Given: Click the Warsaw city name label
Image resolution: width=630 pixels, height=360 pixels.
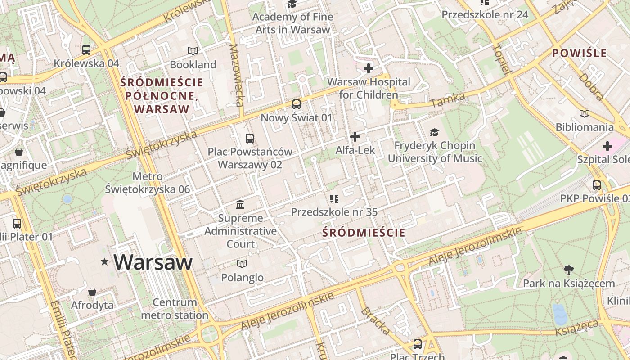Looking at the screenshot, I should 153,262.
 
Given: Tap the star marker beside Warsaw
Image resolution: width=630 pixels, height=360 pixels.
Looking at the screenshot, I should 105,261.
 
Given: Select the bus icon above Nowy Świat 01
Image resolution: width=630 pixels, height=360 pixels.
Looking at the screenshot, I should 296,104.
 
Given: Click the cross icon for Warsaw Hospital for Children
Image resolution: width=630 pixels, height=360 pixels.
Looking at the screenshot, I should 369,68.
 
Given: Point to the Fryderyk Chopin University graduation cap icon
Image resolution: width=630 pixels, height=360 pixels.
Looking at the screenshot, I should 434,132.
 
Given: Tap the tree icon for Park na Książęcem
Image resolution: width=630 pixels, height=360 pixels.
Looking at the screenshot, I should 568,270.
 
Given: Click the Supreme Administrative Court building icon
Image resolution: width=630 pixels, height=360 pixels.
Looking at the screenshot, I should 240,205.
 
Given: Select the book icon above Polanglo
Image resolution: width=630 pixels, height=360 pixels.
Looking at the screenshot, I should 242,264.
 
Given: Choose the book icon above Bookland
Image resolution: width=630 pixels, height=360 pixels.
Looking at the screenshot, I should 193,51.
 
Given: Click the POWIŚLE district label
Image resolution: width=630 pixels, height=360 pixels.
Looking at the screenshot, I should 580,53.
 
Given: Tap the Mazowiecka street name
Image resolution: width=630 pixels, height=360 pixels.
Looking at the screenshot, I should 237,75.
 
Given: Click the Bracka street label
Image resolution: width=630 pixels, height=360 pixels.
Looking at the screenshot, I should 375,321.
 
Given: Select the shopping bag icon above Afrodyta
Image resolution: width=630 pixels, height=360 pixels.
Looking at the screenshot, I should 92,292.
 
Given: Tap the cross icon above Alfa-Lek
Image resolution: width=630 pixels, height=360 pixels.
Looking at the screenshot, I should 355,136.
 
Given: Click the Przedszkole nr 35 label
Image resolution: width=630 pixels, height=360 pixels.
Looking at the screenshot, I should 334,212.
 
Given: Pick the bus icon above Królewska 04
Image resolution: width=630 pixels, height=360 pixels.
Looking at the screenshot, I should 86,49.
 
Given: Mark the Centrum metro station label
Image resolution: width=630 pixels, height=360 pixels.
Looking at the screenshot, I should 175,309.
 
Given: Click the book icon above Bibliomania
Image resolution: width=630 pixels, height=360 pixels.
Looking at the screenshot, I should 584,114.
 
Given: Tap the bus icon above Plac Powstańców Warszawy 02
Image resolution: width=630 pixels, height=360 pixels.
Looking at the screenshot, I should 250,139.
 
